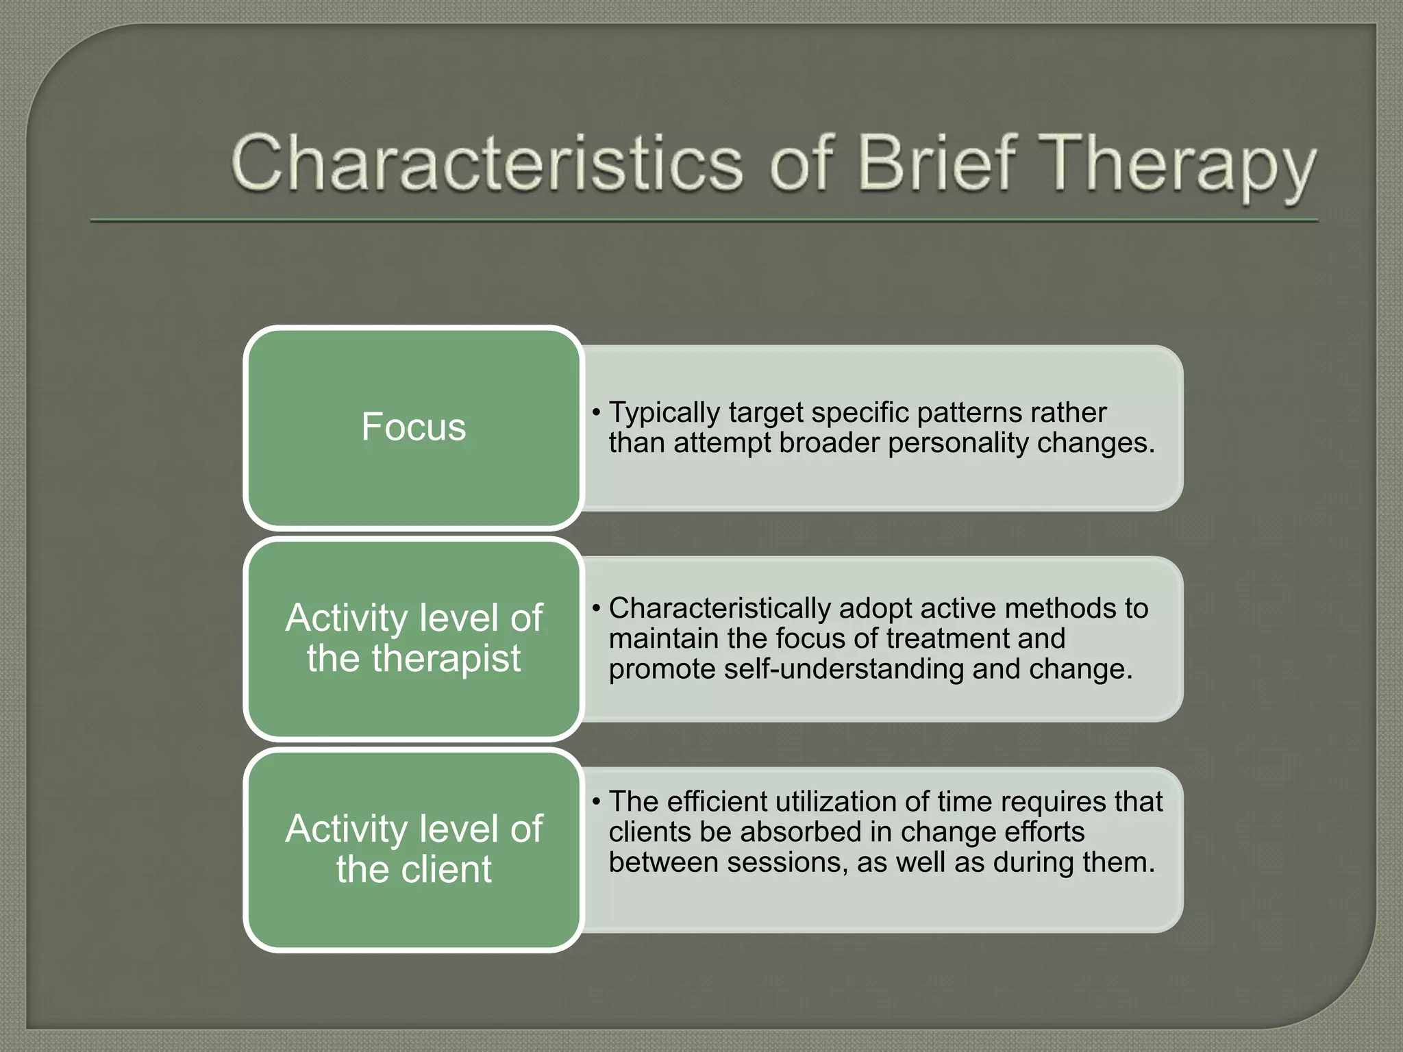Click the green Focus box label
click(413, 427)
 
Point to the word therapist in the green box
click(446, 658)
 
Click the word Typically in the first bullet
click(664, 413)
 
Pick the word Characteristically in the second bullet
click(719, 608)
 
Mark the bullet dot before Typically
click(597, 413)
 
